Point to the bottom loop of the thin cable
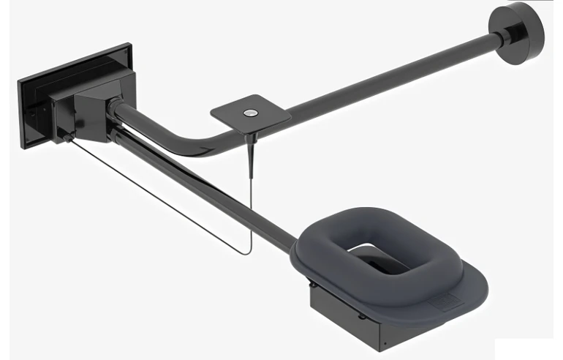tap(244, 252)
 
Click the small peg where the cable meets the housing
tap(67, 137)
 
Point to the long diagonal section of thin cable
tap(154, 194)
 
